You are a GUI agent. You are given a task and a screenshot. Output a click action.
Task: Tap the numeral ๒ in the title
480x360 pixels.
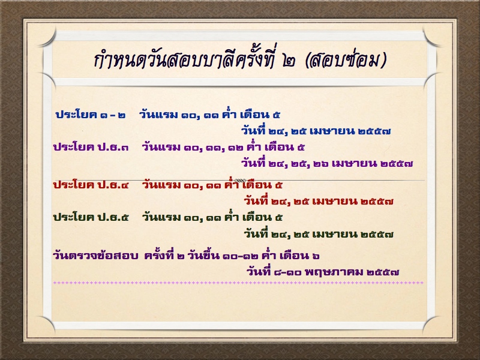pos(289,61)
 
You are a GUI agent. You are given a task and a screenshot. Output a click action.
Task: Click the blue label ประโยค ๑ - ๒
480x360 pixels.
pos(91,115)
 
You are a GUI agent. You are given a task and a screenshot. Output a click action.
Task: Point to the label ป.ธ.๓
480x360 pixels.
pos(113,147)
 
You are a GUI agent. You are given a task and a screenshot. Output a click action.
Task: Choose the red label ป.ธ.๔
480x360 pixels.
pos(113,185)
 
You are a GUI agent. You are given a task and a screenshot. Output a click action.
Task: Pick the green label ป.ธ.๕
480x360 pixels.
pos(113,218)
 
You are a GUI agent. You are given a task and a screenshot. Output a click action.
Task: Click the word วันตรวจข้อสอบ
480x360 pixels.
pos(95,256)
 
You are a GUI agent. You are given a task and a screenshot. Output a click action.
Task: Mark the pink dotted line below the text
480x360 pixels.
pos(238,283)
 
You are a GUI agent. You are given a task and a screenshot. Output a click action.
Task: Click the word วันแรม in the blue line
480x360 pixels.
pos(158,115)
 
